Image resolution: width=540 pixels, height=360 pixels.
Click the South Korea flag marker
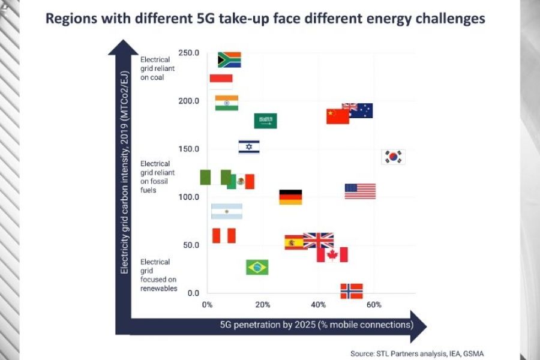pos(394,157)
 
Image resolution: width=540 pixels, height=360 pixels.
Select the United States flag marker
pos(360,191)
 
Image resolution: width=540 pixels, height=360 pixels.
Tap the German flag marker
pos(290,197)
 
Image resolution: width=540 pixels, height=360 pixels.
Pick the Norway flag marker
pos(352,291)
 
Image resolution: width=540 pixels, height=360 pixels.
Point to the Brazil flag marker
pos(257,267)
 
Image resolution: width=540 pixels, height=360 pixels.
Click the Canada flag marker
pos(332,254)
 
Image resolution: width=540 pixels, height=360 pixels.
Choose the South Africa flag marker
pos(229,59)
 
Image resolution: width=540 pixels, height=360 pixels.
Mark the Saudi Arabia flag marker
pos(265,121)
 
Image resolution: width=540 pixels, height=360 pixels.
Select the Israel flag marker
pos(249,147)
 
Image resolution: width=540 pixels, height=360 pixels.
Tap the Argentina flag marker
pos(227,211)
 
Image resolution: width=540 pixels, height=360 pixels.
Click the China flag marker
pos(338,116)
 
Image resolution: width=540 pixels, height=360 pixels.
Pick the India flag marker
pos(227,103)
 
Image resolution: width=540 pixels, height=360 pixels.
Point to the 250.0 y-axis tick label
pos(188,53)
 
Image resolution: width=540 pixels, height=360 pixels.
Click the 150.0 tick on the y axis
pos(188,149)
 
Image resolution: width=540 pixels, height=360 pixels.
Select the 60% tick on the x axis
pos(374,305)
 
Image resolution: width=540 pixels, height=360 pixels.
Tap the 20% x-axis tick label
pos(263,305)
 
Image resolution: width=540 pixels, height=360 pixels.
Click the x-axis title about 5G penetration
pos(316,325)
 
